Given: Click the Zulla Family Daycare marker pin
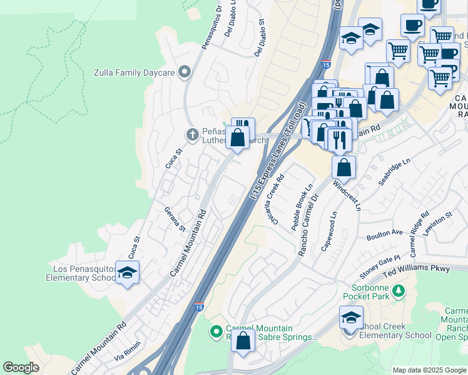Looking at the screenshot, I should [x=184, y=73].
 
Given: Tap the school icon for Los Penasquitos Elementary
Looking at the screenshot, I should [x=128, y=273].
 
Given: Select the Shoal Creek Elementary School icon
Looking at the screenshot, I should [x=351, y=318].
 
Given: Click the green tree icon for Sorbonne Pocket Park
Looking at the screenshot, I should [x=397, y=291].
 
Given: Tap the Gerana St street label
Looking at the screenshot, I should [x=175, y=219].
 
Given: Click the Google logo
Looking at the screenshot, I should [x=21, y=367].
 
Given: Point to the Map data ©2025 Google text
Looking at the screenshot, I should [x=429, y=370].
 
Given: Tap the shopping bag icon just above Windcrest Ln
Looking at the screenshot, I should [x=343, y=167].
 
